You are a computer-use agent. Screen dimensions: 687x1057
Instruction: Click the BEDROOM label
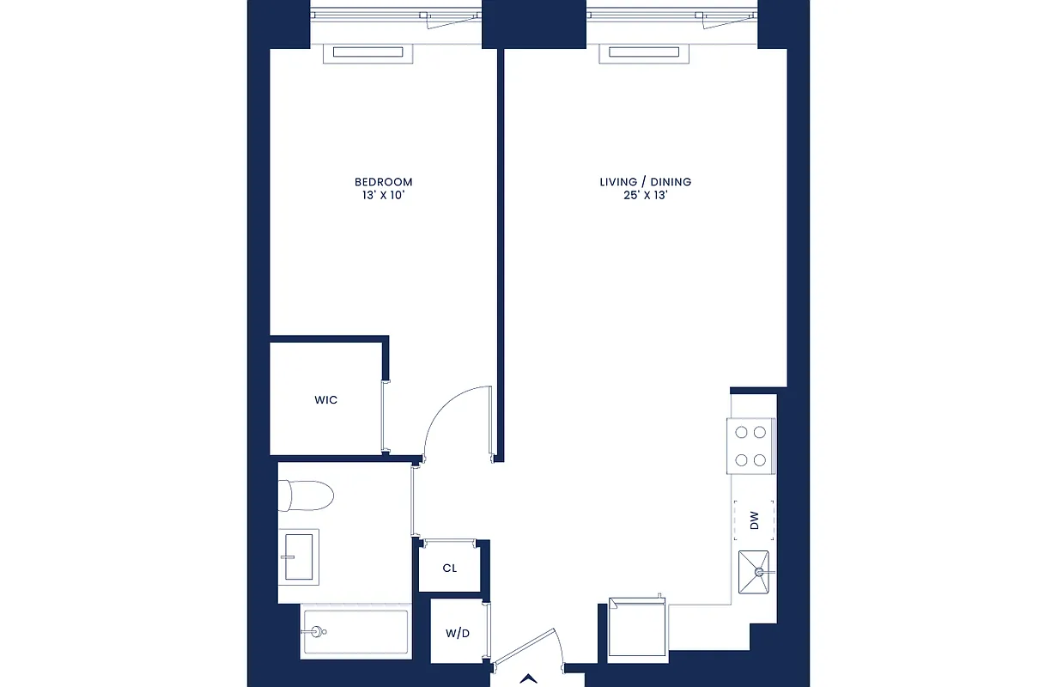pyautogui.click(x=383, y=182)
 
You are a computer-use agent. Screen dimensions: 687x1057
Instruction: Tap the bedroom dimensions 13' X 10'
pyautogui.click(x=383, y=196)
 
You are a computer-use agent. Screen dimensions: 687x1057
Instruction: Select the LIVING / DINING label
pyautogui.click(x=645, y=182)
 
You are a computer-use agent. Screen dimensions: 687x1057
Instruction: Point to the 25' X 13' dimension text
pyautogui.click(x=645, y=196)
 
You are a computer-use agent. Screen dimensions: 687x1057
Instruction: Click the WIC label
pyautogui.click(x=325, y=400)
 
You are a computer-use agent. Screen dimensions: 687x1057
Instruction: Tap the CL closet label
pyautogui.click(x=449, y=568)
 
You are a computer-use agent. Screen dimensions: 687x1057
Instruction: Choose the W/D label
pyautogui.click(x=457, y=634)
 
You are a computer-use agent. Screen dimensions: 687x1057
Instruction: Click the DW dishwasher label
pyautogui.click(x=754, y=520)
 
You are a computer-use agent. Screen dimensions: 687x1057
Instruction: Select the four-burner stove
pyautogui.click(x=750, y=447)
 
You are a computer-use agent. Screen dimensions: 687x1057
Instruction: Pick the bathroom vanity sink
pyautogui.click(x=299, y=556)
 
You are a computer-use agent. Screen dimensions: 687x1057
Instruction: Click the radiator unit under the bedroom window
pyautogui.click(x=368, y=53)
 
